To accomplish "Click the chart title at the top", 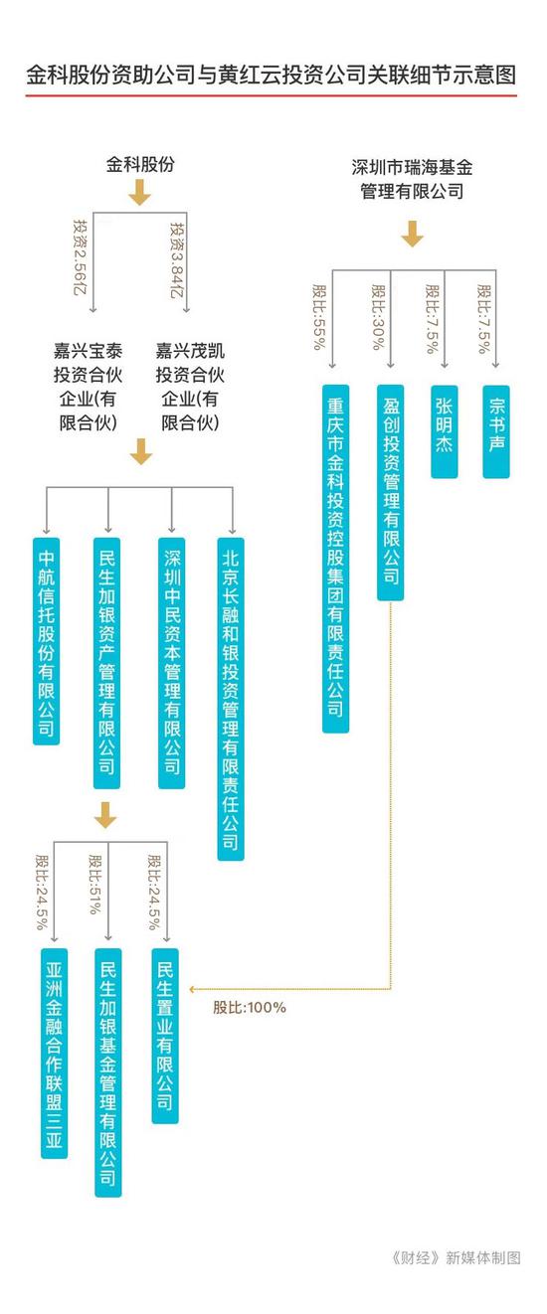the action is [272, 76].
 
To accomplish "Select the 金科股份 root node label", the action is [140, 164].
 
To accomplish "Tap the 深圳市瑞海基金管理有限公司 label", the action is [412, 180].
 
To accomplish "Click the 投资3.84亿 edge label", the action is [177, 258].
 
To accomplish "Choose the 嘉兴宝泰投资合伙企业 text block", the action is [89, 387].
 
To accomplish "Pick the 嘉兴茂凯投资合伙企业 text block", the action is [190, 387].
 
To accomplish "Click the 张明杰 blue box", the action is [445, 431].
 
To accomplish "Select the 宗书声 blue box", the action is [496, 431].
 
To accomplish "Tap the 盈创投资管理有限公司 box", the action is [390, 493].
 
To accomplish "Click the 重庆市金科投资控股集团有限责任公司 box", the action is [336, 559].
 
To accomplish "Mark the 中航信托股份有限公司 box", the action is [47, 641].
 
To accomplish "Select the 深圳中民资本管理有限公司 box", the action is [172, 663].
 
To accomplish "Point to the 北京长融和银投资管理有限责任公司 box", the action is [231, 699].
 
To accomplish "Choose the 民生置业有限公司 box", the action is [165, 1036].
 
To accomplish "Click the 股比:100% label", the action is [250, 1008].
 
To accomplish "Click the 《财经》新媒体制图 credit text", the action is [456, 1257].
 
